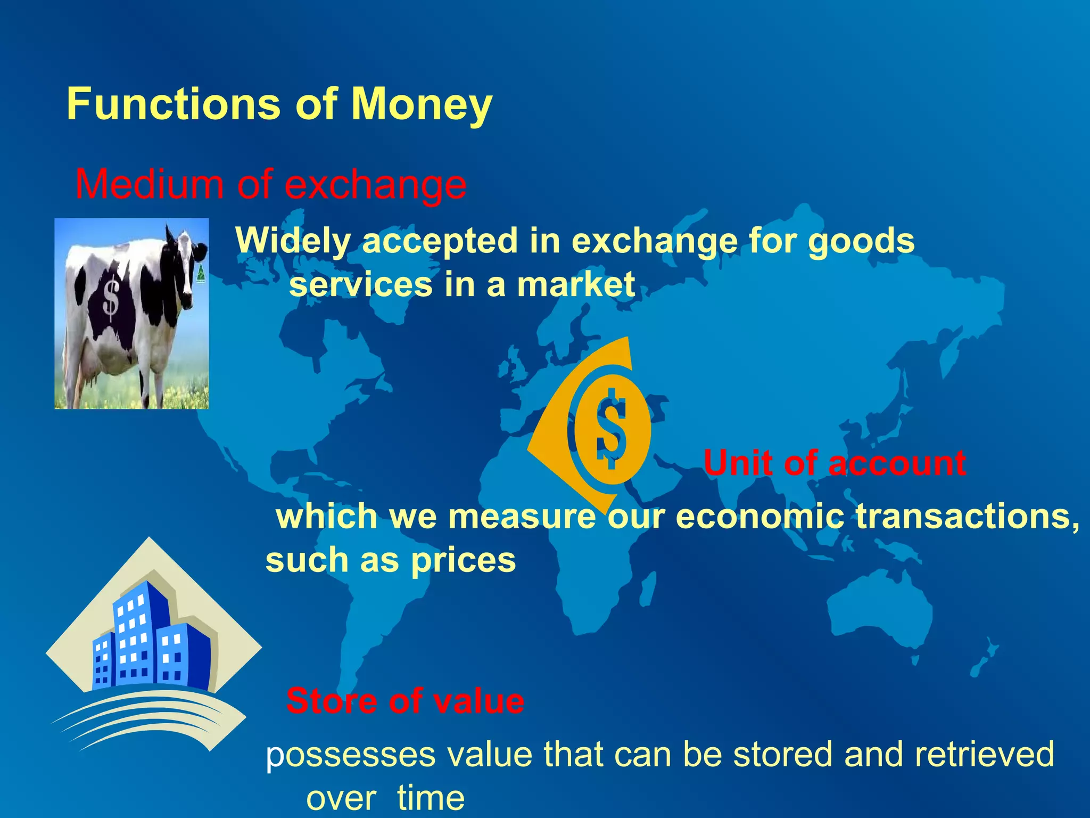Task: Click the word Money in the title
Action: coord(422,104)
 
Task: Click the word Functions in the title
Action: coord(173,104)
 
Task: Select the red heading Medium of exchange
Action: coord(270,184)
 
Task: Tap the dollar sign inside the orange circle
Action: coord(610,429)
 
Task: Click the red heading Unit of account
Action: coord(834,463)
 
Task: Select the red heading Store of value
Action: coord(404,701)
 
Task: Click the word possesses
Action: coord(351,755)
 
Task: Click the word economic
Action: coord(759,516)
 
